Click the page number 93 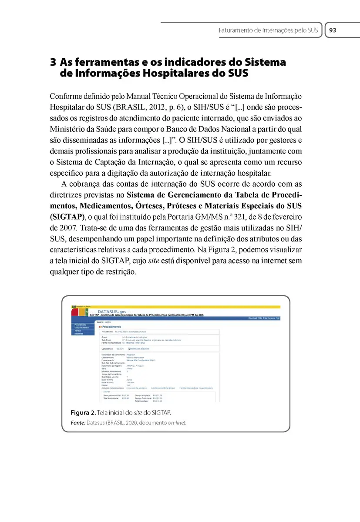[333, 30]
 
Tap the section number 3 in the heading [53, 62]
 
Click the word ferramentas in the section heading [103, 62]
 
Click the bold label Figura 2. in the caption [84, 412]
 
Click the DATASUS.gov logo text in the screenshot [112, 311]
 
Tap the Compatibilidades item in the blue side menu [83, 328]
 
